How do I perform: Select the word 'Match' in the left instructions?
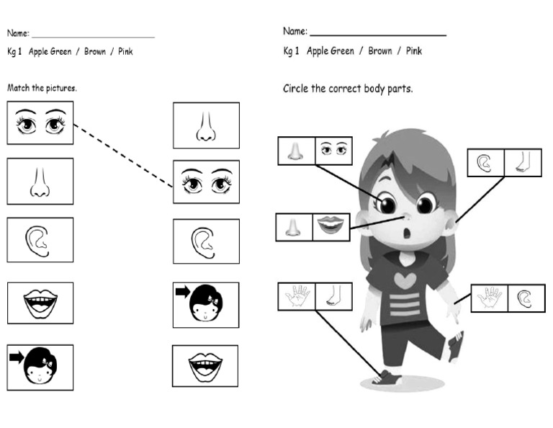coord(18,88)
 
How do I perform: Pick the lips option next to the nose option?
coord(331,227)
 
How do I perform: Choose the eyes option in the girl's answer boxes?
coord(333,151)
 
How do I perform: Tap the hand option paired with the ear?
coord(490,298)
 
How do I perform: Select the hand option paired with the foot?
coord(297,296)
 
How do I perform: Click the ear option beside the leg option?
coord(485,163)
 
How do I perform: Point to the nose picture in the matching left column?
coord(40,182)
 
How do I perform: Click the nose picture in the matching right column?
coord(206,126)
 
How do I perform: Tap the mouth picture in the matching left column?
coord(40,303)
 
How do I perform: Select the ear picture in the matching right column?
coord(205,241)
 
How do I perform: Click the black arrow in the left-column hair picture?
coord(15,355)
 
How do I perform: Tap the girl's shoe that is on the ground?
coord(386,376)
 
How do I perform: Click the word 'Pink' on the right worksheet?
coord(414,51)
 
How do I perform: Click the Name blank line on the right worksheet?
coord(377,34)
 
